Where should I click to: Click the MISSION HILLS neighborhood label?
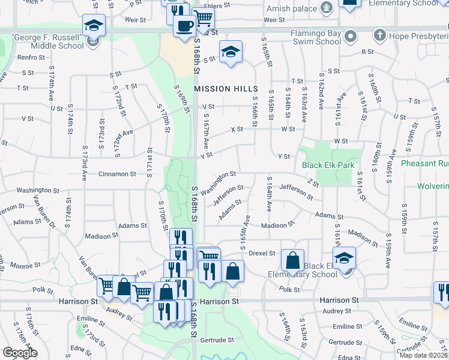tap(221, 88)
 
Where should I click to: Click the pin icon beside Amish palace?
tap(327, 8)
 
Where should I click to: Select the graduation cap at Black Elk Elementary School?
tap(345, 259)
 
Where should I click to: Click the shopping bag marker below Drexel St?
tap(292, 262)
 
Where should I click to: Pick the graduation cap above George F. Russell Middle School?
tap(94, 26)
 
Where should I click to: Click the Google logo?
tap(20, 353)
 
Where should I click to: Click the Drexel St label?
tap(261, 254)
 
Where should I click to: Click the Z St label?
tap(312, 182)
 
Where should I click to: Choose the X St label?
tap(237, 129)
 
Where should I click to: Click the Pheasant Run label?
tap(424, 163)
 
